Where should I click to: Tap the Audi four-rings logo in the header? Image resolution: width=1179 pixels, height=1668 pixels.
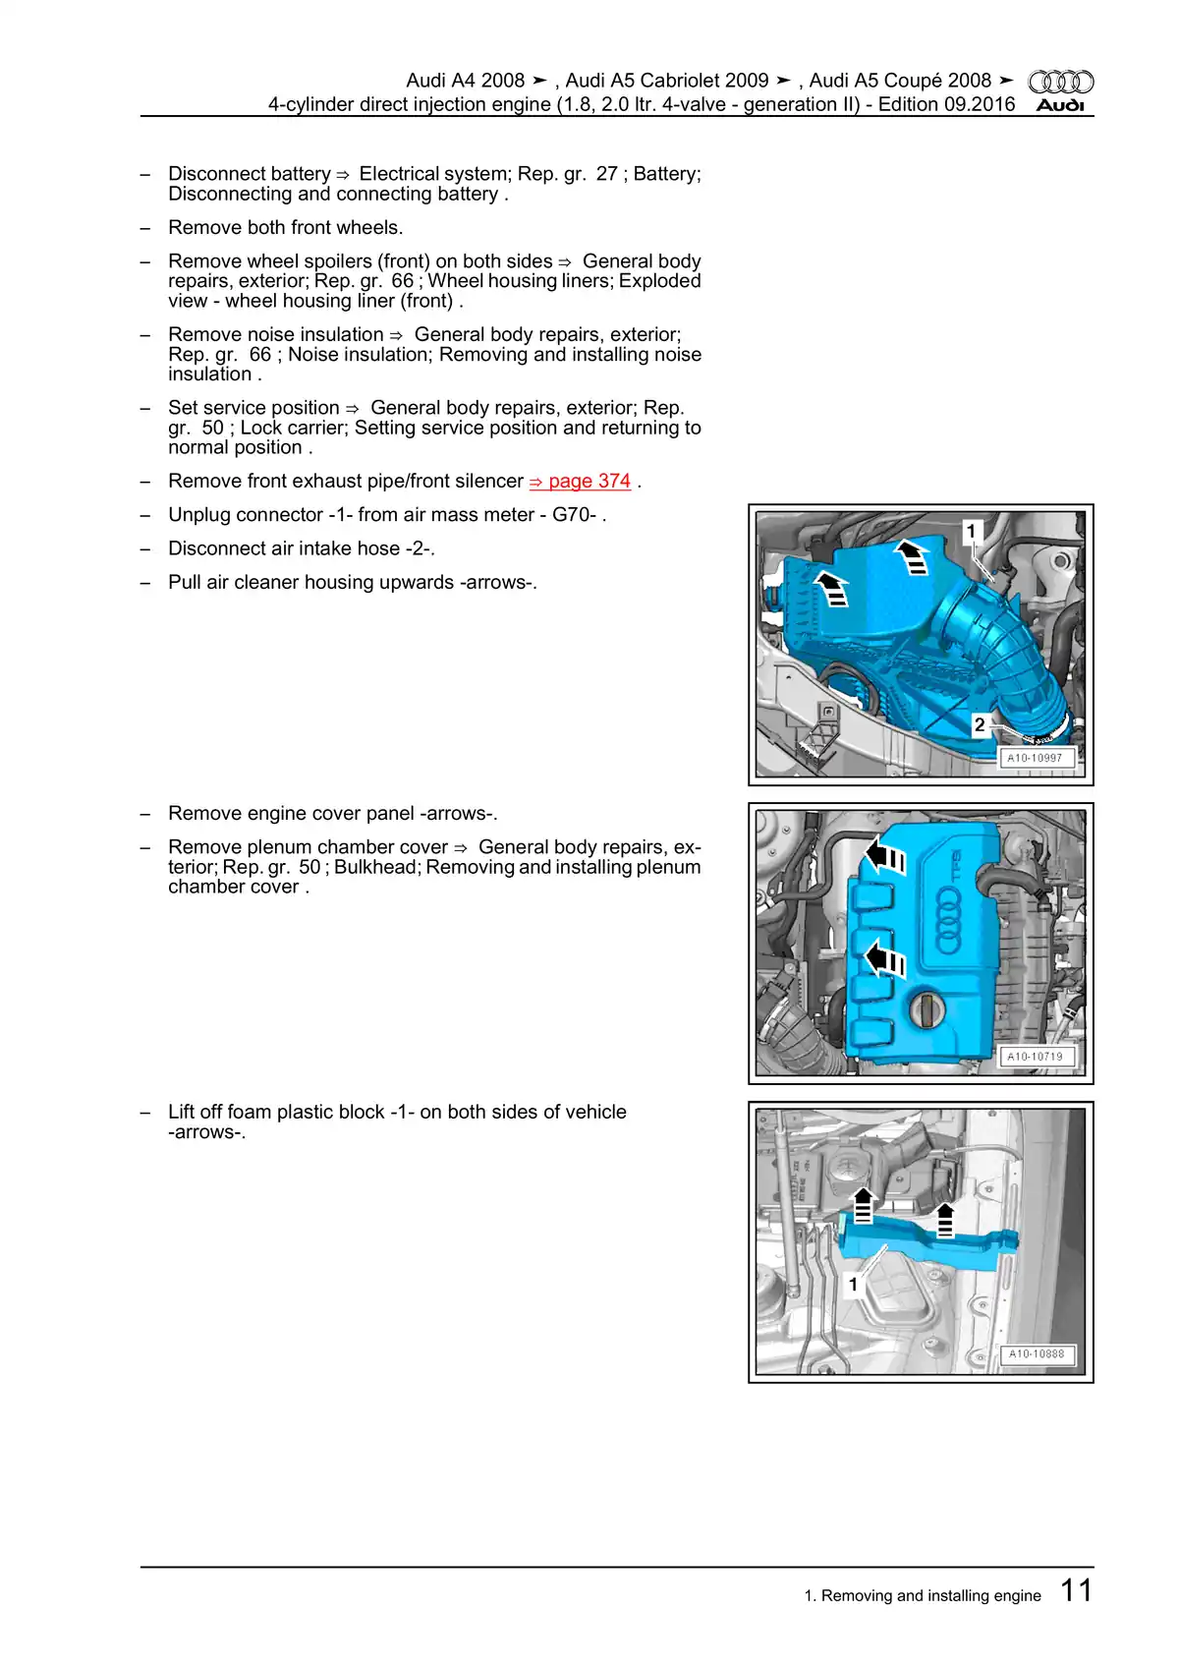click(1060, 82)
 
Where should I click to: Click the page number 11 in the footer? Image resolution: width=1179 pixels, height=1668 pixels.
click(1076, 1590)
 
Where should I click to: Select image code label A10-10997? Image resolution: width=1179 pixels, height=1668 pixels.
click(1035, 758)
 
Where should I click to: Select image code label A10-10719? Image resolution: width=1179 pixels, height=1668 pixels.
click(1035, 1057)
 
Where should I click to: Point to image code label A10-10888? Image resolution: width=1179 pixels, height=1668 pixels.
click(1037, 1353)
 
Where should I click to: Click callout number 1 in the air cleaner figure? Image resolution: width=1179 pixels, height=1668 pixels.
click(971, 532)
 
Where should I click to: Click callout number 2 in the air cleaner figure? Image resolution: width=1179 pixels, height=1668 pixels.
click(980, 724)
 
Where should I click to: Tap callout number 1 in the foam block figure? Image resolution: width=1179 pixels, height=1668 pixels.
click(853, 1284)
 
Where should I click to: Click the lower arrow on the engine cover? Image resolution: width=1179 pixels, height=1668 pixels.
click(883, 957)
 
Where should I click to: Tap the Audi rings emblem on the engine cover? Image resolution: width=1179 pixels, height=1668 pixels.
click(948, 920)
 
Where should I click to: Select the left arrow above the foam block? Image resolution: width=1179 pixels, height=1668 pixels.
click(863, 1205)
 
